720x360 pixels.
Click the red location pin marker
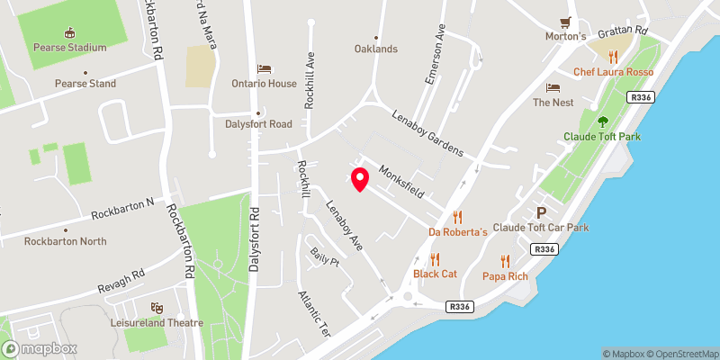(x=359, y=179)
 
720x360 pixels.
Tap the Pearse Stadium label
(x=69, y=48)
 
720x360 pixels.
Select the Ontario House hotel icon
(x=264, y=68)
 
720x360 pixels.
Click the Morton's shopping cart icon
(x=566, y=22)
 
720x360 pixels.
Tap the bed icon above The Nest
(x=553, y=87)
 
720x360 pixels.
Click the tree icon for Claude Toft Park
(x=601, y=121)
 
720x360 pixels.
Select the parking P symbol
(x=540, y=213)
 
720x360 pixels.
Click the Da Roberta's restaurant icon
(x=457, y=216)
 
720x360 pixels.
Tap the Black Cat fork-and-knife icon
(x=436, y=259)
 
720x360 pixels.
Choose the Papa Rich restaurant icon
(x=505, y=259)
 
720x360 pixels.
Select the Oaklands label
(x=375, y=49)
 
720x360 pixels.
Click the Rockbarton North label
(x=65, y=241)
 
